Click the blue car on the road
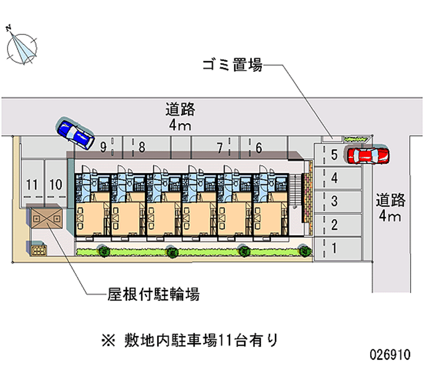tap(75, 133)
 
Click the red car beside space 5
tap(367, 155)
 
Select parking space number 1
tap(338, 248)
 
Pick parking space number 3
tap(338, 202)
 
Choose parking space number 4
tap(338, 178)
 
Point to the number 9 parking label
tap(103, 147)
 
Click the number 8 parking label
tap(142, 147)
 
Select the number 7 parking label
tap(220, 148)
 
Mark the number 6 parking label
tap(259, 148)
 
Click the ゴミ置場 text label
tap(233, 65)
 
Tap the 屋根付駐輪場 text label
tap(153, 294)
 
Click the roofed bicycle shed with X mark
tap(47, 217)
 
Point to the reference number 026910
tap(390, 354)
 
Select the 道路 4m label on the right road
tap(390, 208)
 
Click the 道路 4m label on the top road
tap(180, 117)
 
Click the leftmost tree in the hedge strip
tap(103, 250)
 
